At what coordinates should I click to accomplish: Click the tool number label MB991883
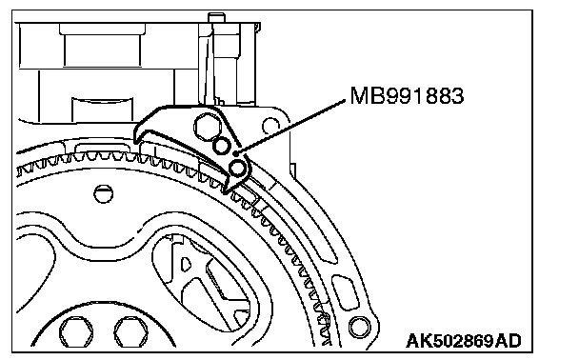[407, 96]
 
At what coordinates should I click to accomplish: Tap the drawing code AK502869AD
[464, 341]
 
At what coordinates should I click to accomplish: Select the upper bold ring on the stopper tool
[221, 146]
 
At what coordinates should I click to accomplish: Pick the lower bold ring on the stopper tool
[237, 169]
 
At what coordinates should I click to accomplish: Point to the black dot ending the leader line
[236, 153]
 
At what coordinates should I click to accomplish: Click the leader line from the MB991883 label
[291, 127]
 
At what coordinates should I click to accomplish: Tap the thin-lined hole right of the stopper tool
[270, 127]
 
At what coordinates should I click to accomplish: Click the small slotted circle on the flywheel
[103, 193]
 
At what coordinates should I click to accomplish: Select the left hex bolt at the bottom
[77, 332]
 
